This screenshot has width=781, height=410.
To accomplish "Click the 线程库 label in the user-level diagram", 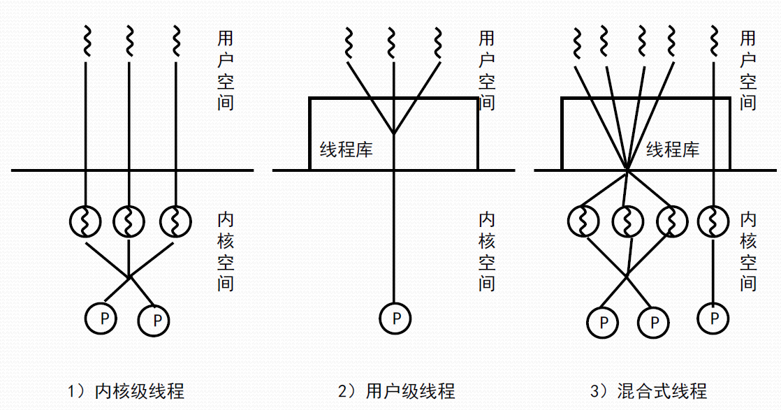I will (x=346, y=149).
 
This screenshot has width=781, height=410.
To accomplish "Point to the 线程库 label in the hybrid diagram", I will (x=673, y=149).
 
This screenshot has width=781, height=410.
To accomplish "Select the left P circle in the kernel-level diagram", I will (x=102, y=319).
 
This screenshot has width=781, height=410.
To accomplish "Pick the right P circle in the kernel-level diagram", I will (x=155, y=321).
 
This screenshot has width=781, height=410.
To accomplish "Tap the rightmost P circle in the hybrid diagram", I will (x=714, y=319).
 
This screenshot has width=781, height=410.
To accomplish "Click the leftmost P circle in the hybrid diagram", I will (x=602, y=322).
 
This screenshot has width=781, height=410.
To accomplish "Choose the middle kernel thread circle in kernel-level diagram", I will (x=129, y=221).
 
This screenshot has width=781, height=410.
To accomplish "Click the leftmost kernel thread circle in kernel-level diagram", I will (x=85, y=221).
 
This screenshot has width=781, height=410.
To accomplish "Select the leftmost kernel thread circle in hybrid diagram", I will (x=583, y=221).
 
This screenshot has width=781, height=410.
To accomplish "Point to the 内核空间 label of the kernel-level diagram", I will (x=226, y=252).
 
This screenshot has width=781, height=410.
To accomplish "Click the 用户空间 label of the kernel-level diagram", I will (x=226, y=70).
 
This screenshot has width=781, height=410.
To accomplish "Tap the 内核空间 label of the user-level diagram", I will (x=487, y=252).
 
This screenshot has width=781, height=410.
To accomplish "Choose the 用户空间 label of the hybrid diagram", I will (x=748, y=70).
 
